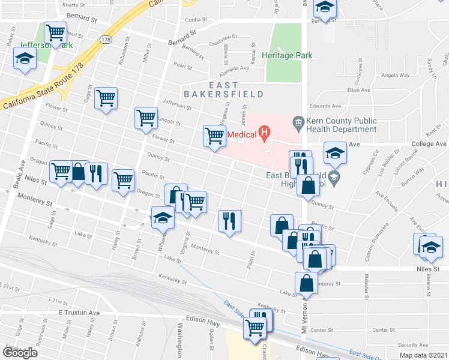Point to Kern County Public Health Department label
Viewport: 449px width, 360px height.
(x=340, y=125)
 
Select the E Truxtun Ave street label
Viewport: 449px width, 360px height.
(x=79, y=313)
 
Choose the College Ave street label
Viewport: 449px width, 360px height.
(x=429, y=144)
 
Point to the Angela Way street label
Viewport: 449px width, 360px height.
(x=395, y=76)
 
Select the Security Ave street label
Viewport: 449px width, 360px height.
(x=412, y=345)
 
